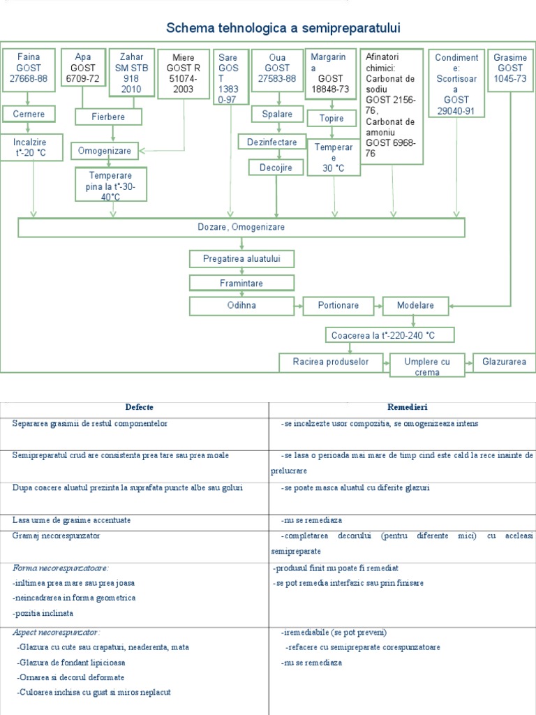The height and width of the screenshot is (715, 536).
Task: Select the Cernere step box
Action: click(x=28, y=114)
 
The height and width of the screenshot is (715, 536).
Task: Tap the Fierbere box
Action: click(x=107, y=117)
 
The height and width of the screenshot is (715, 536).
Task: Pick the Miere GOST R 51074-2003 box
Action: click(x=184, y=73)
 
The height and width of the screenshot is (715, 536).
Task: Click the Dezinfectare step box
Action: click(x=272, y=142)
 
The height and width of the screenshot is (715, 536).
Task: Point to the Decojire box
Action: click(x=276, y=168)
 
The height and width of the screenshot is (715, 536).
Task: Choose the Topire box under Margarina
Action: click(x=332, y=118)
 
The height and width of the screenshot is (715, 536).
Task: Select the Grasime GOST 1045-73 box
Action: click(x=509, y=68)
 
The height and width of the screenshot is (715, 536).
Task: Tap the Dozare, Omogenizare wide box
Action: click(x=241, y=228)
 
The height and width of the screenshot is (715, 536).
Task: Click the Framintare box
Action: click(x=241, y=283)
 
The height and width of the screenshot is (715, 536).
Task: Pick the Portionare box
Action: click(x=338, y=306)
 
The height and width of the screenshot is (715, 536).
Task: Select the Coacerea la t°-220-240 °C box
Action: click(x=389, y=336)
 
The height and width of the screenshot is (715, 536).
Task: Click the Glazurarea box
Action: click(x=505, y=362)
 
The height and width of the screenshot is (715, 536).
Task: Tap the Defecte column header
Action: click(x=139, y=407)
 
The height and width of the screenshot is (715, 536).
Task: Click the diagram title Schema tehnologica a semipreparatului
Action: click(x=284, y=28)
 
